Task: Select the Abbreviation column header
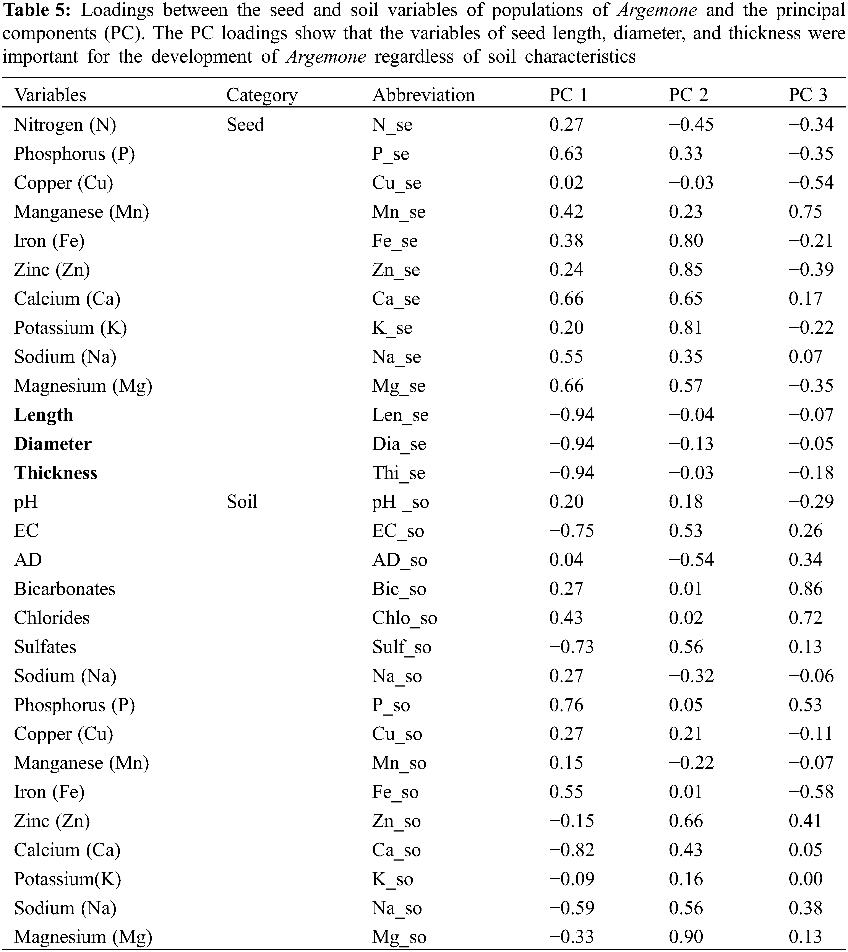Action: click(x=423, y=95)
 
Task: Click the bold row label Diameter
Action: click(x=53, y=444)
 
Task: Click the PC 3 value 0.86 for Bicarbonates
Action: click(x=806, y=589)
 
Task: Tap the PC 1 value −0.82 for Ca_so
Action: click(x=572, y=850)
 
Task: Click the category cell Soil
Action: click(x=242, y=502)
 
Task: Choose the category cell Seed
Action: click(x=245, y=124)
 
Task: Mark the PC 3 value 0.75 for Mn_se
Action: click(x=806, y=212)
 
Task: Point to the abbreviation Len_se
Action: click(x=400, y=415)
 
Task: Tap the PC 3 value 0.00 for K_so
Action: click(x=806, y=879)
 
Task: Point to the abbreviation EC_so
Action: click(x=398, y=531)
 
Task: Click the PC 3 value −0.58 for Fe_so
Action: click(x=811, y=792)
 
